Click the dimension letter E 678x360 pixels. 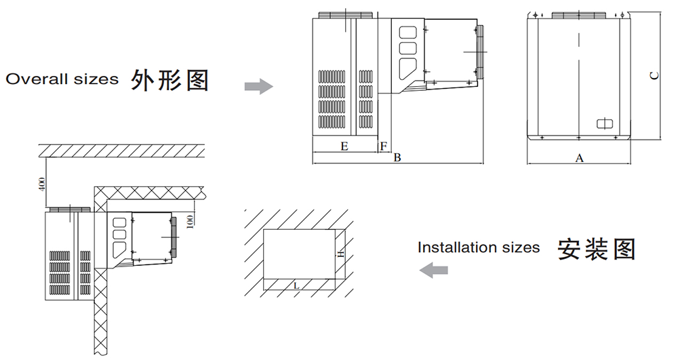[344, 145]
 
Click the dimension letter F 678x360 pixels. [383, 145]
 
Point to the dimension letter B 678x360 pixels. [397, 158]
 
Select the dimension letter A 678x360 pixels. [579, 158]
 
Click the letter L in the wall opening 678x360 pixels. [296, 285]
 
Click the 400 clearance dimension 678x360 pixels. [41, 183]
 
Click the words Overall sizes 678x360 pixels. [62, 79]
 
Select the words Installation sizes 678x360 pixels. [479, 247]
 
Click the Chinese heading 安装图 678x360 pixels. [597, 249]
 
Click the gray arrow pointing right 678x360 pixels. [258, 86]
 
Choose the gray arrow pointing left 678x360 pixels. [433, 270]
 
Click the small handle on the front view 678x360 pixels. [604, 123]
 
